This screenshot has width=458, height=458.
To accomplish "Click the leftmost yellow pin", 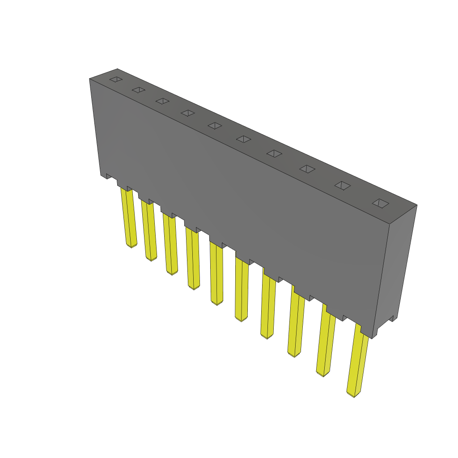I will [128, 218].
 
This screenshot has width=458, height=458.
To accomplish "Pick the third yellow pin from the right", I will [297, 322].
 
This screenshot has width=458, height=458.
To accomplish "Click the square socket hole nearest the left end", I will [116, 80].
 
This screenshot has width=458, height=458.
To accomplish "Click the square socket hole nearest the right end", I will [381, 203].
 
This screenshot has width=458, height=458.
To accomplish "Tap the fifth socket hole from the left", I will [215, 126].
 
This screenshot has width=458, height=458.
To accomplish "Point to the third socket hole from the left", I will [162, 102].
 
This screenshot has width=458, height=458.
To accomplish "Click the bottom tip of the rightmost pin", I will [353, 395].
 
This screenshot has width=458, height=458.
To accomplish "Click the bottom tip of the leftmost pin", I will [131, 246].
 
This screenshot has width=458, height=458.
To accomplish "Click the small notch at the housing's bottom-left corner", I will [107, 176].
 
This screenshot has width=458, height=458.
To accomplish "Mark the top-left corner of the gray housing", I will [89, 79].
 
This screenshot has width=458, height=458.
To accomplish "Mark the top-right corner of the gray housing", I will [417, 205].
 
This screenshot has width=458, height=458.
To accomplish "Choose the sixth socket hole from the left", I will [243, 139].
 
